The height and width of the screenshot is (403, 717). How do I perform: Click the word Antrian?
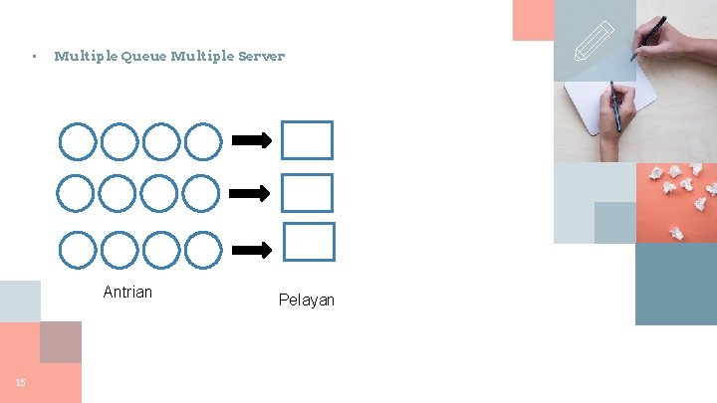(127, 292)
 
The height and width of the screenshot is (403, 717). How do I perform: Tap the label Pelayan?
(307, 300)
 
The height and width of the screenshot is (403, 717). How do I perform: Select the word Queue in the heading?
(143, 57)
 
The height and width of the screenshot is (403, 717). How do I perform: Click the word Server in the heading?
(259, 57)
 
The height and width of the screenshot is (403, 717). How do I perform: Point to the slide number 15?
(20, 382)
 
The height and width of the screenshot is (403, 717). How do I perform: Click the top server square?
(307, 140)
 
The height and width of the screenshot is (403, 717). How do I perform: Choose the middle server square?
(307, 193)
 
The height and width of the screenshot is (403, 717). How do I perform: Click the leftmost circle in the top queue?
(78, 141)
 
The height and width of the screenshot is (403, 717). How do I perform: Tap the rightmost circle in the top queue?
(203, 141)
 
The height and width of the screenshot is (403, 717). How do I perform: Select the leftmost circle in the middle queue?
(78, 193)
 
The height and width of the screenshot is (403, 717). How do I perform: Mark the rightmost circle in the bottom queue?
(203, 249)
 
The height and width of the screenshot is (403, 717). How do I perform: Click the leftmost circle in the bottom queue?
(78, 249)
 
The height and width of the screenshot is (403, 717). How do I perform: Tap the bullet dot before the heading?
(34, 57)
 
